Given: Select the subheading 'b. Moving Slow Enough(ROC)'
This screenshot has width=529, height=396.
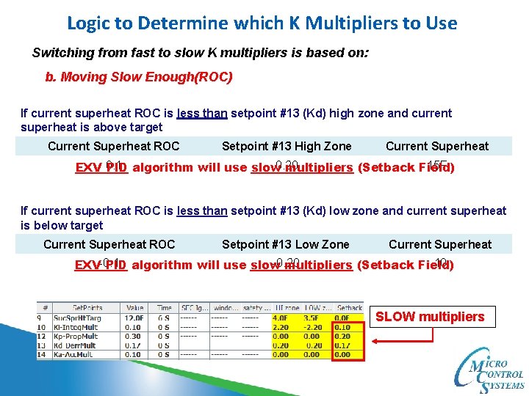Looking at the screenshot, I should point(139,77).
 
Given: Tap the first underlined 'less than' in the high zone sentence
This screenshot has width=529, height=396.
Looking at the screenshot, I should point(202,113).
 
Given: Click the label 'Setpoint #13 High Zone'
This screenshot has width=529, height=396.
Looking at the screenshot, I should point(287,146).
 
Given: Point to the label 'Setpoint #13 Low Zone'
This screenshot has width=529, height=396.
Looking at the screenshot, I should point(285,244).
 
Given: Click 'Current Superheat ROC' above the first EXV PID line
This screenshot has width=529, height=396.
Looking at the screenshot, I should point(113,146).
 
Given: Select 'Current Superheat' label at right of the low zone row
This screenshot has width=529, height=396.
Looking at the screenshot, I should point(439,244).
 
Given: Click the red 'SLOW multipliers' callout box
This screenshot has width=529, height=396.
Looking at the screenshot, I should point(430,317).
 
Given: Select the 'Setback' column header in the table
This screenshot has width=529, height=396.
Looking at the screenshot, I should point(349,308).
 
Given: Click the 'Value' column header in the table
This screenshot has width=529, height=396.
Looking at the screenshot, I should point(134,308).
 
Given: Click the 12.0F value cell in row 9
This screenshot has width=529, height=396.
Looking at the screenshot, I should point(134,318).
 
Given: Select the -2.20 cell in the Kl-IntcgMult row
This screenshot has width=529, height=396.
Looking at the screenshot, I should point(314,327).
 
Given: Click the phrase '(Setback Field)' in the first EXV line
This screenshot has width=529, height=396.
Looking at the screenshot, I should point(406,167).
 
